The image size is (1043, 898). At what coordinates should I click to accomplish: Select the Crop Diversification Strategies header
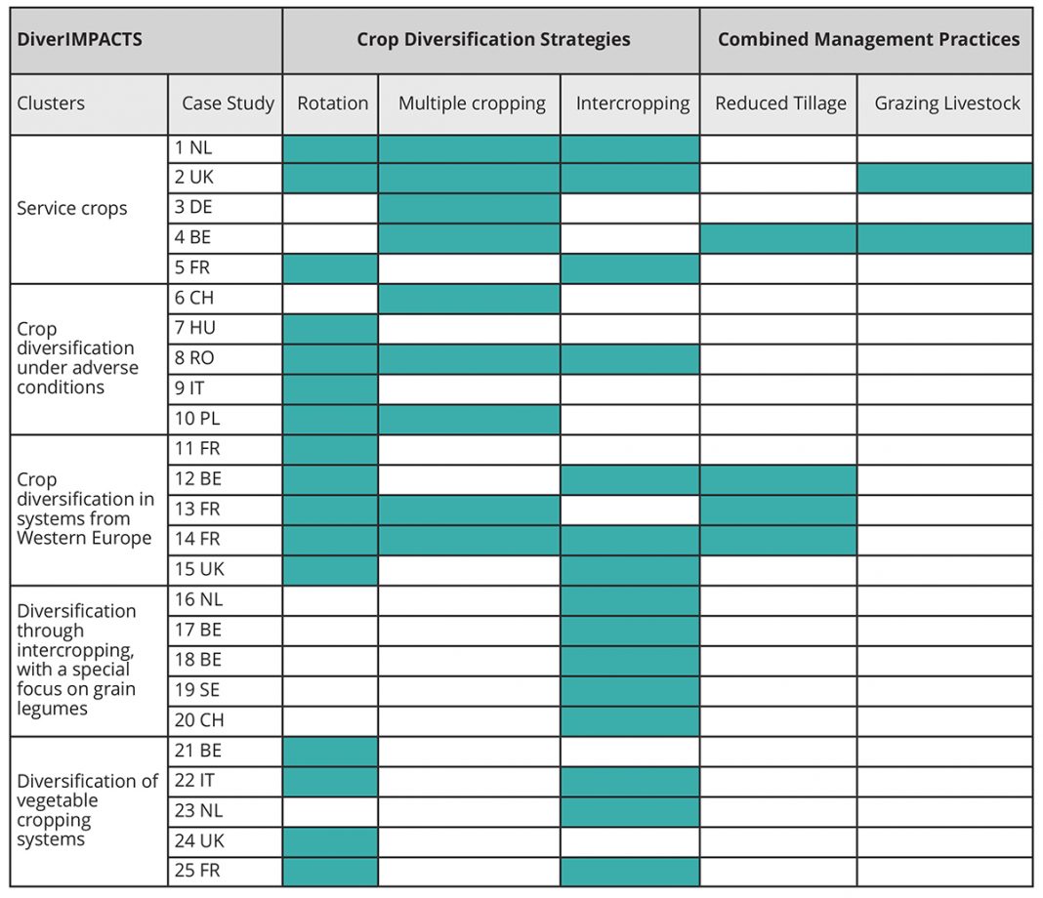point(493,39)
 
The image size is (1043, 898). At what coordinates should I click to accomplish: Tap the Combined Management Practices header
point(868,39)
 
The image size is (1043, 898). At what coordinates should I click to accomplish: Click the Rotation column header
point(333,103)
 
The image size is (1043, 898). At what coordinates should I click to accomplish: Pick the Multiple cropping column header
point(472,103)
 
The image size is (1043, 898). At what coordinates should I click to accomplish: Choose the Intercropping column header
point(633,103)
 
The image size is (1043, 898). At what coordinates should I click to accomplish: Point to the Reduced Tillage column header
point(780,103)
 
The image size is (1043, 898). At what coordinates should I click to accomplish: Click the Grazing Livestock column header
point(946,103)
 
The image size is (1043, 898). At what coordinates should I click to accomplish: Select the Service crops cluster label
point(72,209)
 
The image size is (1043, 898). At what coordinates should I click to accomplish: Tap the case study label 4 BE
point(193,237)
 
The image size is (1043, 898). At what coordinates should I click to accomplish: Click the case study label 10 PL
point(197,419)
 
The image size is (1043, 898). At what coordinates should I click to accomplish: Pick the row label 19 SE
point(197,690)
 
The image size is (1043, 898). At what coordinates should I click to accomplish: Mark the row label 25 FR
point(197,871)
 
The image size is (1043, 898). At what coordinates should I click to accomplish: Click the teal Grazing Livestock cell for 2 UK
point(944,179)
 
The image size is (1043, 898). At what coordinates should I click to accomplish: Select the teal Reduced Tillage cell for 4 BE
point(778,238)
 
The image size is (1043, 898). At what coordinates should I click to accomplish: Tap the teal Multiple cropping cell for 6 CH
point(469,299)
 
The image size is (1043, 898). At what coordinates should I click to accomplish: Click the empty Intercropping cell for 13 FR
point(630,510)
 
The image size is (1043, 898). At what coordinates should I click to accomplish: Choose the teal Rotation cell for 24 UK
point(331,841)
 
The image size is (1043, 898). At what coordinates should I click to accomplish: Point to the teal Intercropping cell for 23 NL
point(630,811)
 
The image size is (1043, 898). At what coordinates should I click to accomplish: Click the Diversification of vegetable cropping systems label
point(87,810)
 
